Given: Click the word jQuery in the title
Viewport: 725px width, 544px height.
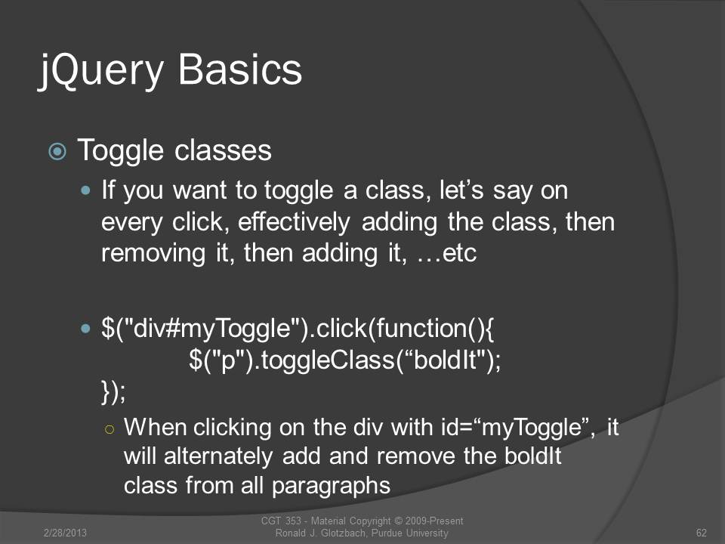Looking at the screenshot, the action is pyautogui.click(x=101, y=70).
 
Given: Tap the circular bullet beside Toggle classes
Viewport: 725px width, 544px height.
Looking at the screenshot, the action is pyautogui.click(x=57, y=151).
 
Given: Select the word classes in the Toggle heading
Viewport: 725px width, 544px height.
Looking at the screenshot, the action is pyautogui.click(x=223, y=150).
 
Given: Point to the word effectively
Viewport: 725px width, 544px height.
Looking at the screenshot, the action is pyautogui.click(x=294, y=222).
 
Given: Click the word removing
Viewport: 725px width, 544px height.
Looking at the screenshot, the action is pyautogui.click(x=153, y=254).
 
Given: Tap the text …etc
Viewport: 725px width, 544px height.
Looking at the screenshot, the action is pyautogui.click(x=446, y=254).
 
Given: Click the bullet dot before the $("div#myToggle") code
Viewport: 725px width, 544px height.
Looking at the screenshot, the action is pyautogui.click(x=85, y=329).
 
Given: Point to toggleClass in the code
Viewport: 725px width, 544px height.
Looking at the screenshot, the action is pyautogui.click(x=328, y=360).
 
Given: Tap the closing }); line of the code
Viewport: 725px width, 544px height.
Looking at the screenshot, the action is pyautogui.click(x=113, y=391).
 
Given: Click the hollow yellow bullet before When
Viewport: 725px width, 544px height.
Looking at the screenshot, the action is pyautogui.click(x=110, y=429).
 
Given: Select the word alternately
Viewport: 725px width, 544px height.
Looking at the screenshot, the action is pyautogui.click(x=218, y=456).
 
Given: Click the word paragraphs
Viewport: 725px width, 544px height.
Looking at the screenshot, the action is pyautogui.click(x=331, y=486).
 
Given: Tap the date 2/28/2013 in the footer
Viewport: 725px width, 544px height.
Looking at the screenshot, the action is pyautogui.click(x=65, y=533).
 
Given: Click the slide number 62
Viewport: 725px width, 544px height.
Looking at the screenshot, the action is pyautogui.click(x=701, y=533).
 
